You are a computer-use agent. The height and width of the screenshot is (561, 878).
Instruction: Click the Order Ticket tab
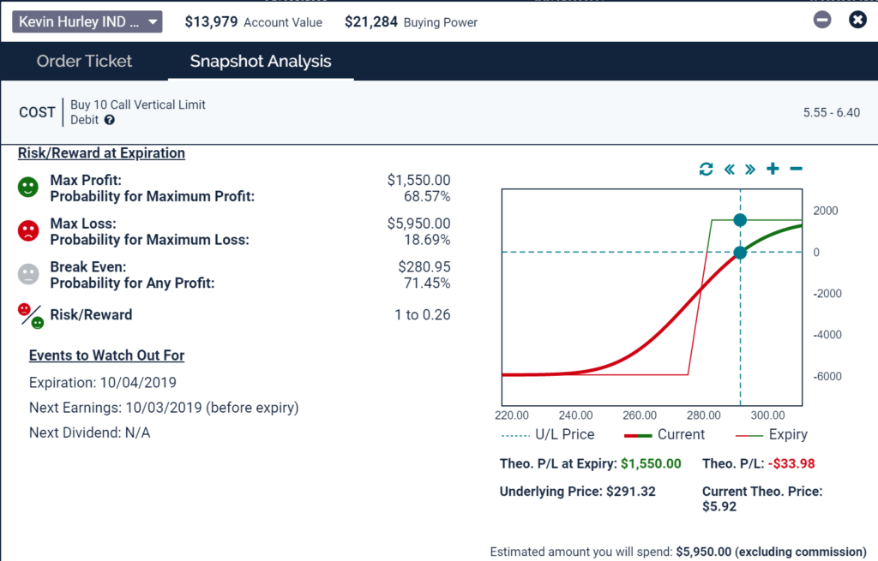[84, 61]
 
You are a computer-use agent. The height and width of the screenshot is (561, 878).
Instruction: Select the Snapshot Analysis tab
[261, 61]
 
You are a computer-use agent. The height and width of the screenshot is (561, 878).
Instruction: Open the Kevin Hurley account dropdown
[87, 21]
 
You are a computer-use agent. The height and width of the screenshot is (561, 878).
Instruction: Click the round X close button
[857, 20]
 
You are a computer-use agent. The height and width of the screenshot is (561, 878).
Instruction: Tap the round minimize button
[822, 20]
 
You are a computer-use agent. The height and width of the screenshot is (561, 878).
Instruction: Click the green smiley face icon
[29, 188]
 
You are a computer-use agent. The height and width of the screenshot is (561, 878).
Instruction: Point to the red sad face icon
[29, 230]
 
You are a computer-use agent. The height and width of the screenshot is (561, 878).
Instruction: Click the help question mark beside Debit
[110, 120]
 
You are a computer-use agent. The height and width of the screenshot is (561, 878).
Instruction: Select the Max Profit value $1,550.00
[418, 181]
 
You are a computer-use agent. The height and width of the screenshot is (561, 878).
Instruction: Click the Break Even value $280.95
[424, 267]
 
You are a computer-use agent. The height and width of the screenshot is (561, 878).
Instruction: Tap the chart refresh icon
[706, 169]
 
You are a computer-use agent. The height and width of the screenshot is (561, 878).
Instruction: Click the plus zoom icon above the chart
[773, 169]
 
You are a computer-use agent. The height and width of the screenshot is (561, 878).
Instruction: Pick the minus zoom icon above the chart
[796, 169]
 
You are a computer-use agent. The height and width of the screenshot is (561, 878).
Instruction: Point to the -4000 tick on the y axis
[827, 335]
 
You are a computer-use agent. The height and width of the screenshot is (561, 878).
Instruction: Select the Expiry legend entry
[767, 434]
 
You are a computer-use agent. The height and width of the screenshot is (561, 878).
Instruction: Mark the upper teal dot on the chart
[740, 220]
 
